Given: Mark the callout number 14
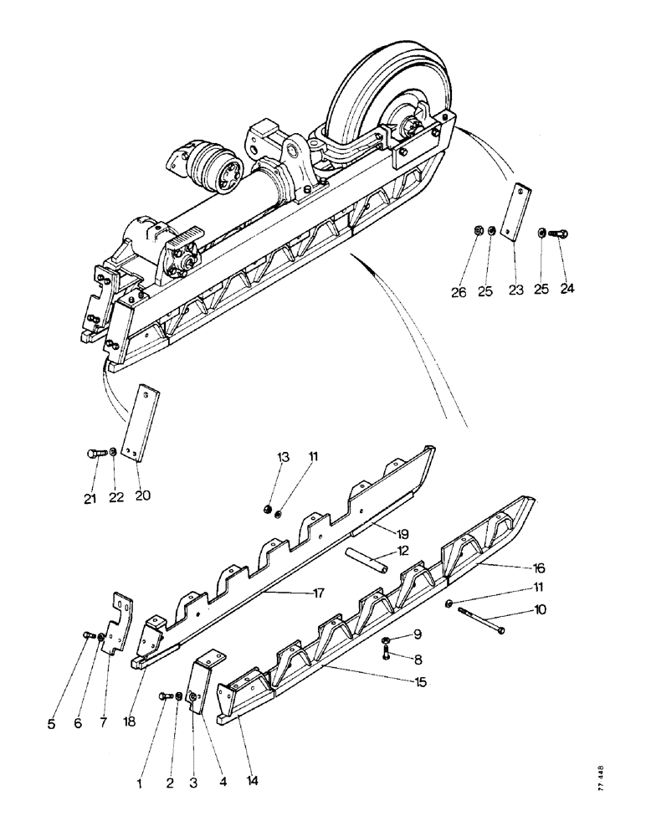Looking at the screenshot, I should pyautogui.click(x=252, y=781).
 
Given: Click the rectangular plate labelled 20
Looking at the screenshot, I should pyautogui.click(x=139, y=422).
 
